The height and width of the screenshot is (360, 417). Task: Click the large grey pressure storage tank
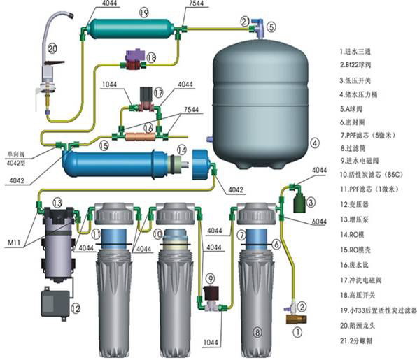coord(260,98)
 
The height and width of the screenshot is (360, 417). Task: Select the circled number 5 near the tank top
coord(271,27)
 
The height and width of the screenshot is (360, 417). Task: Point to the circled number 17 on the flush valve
coord(158,92)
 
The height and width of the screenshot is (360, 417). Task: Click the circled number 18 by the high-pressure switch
coord(151,58)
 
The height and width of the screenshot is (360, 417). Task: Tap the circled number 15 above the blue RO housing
coord(103,146)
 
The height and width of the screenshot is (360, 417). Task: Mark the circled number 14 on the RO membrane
coord(181,150)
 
